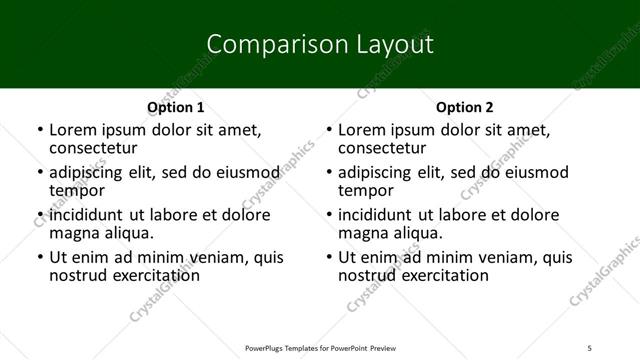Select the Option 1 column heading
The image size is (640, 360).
click(x=176, y=107)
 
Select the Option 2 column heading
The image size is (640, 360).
click(x=465, y=107)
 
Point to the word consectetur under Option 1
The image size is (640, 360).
click(x=95, y=148)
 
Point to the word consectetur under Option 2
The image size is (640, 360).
click(x=384, y=148)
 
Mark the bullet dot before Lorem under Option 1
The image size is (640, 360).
click(x=39, y=130)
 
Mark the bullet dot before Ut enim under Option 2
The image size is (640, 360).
click(x=328, y=258)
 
